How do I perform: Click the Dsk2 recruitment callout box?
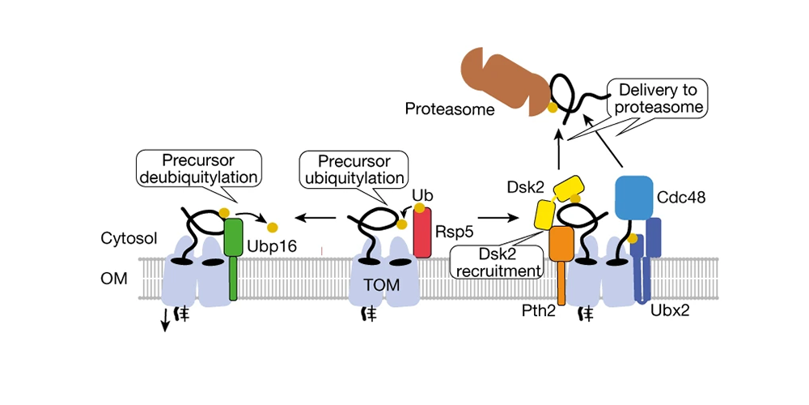point(497,260)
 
